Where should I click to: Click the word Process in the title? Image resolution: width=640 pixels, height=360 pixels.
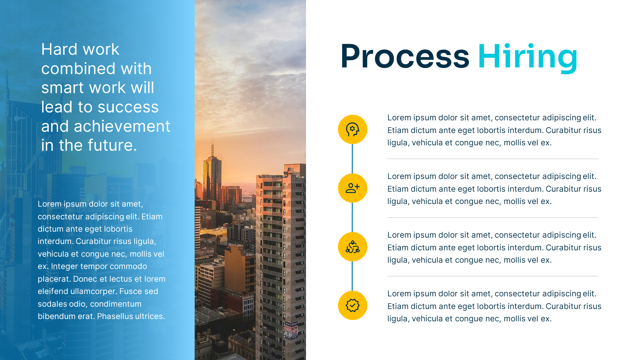coord(405,57)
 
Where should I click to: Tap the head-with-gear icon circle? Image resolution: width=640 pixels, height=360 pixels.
coord(352,129)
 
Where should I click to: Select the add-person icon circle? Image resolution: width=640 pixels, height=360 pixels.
coord(352,188)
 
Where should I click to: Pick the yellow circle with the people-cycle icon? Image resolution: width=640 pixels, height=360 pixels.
coord(352,247)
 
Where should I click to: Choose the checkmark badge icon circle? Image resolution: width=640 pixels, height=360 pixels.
coord(352,305)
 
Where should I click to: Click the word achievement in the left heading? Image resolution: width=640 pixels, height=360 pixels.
coord(122,126)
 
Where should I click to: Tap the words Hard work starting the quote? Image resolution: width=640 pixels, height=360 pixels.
coord(80,49)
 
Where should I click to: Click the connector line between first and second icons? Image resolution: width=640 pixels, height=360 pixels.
coord(352,159)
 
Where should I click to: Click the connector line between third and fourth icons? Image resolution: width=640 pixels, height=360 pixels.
coord(352,276)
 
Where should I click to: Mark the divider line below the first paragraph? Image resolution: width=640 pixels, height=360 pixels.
coord(493,159)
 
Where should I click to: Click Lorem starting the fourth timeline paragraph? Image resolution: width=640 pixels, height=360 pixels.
coord(399,294)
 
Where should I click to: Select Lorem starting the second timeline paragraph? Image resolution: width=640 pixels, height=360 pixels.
coord(399,176)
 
